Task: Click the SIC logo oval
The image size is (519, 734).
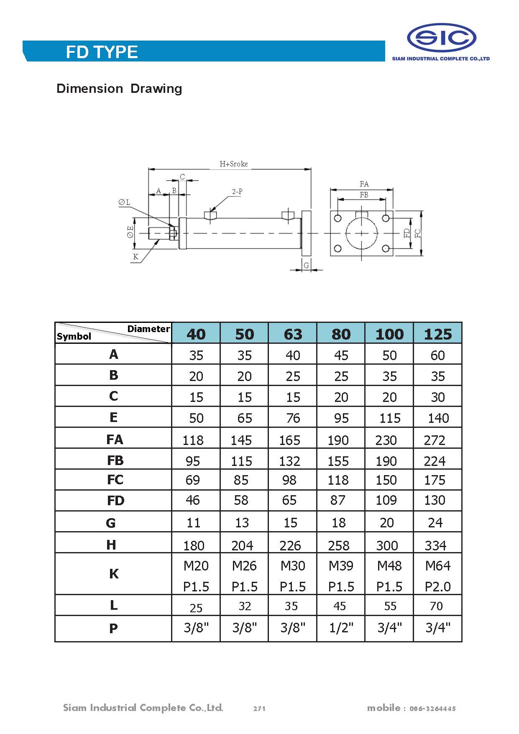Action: (x=441, y=38)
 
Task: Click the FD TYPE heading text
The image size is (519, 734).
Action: (x=102, y=52)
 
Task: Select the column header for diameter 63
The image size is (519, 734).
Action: (x=292, y=334)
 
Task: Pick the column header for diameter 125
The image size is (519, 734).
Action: (x=437, y=334)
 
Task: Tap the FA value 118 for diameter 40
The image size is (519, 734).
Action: (x=193, y=440)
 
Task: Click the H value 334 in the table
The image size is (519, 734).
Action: (x=435, y=545)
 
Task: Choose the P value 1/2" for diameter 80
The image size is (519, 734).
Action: (x=341, y=628)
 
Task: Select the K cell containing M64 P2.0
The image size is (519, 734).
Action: (x=437, y=575)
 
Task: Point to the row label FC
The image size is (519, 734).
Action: (x=115, y=480)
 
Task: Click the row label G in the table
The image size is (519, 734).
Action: (x=111, y=523)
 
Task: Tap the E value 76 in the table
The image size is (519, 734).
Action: (x=293, y=418)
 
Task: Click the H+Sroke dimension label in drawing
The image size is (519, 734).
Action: (x=233, y=164)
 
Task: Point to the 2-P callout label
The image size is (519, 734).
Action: (x=237, y=192)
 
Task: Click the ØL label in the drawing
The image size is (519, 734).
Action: (x=124, y=202)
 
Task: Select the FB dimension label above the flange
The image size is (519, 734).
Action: (x=364, y=195)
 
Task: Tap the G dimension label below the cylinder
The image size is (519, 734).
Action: (x=306, y=266)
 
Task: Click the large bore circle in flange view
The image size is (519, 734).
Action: (x=361, y=233)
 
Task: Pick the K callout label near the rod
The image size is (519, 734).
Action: (x=136, y=257)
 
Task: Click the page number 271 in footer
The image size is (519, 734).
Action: (x=259, y=708)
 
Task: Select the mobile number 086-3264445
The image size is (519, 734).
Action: (x=432, y=708)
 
